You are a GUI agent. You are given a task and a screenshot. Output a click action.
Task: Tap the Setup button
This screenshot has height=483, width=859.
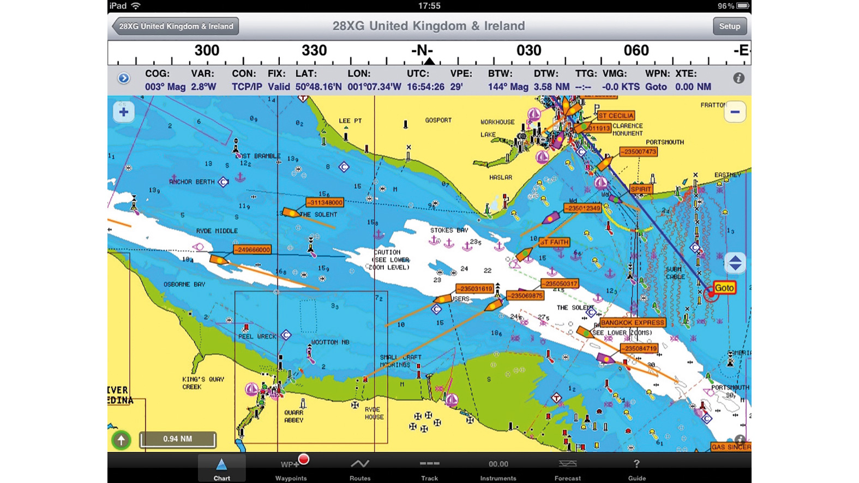tap(729, 26)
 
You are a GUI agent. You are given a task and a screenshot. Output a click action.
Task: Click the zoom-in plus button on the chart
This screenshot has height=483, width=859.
tap(124, 112)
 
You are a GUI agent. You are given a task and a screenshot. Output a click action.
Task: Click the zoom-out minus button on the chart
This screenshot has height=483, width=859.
tap(735, 112)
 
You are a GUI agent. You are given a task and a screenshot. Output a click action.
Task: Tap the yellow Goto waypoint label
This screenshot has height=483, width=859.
tap(724, 288)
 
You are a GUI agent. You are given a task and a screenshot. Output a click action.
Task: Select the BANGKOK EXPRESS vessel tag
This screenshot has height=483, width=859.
tap(632, 323)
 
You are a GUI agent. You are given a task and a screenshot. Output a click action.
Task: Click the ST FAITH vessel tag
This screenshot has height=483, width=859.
tap(554, 242)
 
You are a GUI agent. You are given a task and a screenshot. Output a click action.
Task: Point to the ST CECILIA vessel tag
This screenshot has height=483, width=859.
tap(616, 116)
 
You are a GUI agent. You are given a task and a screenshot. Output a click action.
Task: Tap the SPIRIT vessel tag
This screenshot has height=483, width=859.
tap(641, 189)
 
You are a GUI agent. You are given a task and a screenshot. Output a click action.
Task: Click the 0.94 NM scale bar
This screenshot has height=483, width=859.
tap(178, 439)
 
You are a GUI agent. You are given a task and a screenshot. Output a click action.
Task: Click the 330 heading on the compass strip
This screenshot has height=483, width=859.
tap(314, 51)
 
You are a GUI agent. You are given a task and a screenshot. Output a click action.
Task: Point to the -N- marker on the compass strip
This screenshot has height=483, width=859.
tap(422, 51)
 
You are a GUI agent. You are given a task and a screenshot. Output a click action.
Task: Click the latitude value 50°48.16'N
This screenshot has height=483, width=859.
tap(319, 87)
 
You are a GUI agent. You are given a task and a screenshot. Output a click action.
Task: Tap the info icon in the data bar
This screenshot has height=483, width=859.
tap(738, 79)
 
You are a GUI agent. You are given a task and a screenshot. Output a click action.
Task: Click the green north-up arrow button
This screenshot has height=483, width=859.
tap(121, 439)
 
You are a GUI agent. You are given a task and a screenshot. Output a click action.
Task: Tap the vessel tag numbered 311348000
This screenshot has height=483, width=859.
tap(325, 202)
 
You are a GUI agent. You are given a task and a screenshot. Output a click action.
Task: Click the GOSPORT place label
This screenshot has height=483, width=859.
tap(438, 120)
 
